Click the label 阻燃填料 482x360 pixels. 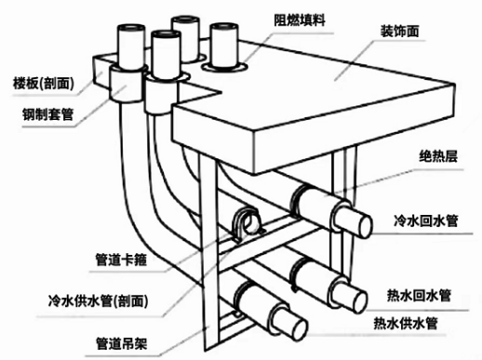[300, 20]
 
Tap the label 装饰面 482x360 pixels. [400, 31]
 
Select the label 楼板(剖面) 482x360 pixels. [44, 83]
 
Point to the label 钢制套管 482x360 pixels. [48, 113]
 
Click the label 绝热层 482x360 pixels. [438, 155]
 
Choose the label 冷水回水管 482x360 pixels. [425, 220]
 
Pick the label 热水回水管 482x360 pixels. [419, 295]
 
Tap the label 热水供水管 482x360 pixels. [406, 323]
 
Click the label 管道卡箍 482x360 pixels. [121, 260]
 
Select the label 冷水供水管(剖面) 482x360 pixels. [98, 300]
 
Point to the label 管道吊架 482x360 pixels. [121, 343]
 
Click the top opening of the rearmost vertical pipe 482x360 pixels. [185, 20]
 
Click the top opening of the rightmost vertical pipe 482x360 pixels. [224, 27]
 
